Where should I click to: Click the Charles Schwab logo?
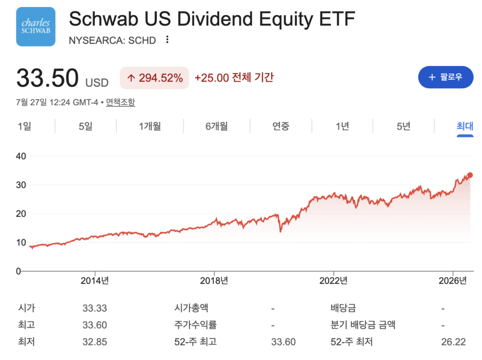[36, 27]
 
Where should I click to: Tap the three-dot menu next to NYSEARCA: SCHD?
[167, 40]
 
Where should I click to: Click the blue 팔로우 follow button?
[445, 77]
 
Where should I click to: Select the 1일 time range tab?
[24, 126]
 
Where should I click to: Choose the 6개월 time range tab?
[217, 126]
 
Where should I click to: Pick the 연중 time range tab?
[281, 126]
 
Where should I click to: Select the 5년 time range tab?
[403, 126]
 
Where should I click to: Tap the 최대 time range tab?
[465, 126]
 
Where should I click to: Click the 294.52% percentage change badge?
[154, 78]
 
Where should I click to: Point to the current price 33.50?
[48, 78]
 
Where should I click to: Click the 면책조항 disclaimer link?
[120, 102]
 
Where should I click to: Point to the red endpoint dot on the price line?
[470, 175]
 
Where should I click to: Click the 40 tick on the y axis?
[21, 156]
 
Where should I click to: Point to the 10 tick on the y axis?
[21, 242]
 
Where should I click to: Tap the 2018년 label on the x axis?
[214, 280]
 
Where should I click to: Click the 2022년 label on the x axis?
[334, 280]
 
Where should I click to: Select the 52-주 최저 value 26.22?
[453, 342]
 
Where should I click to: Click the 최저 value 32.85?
[95, 342]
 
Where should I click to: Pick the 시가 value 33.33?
[95, 308]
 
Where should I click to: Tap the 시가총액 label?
[191, 308]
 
